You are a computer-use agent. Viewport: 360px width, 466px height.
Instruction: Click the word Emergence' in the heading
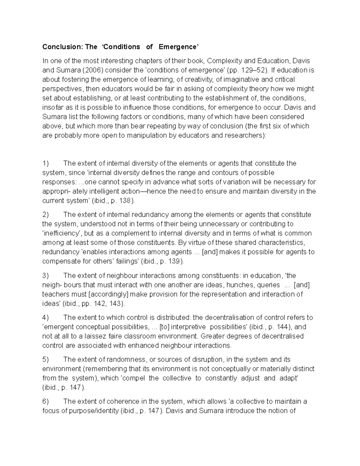point(178,47)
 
